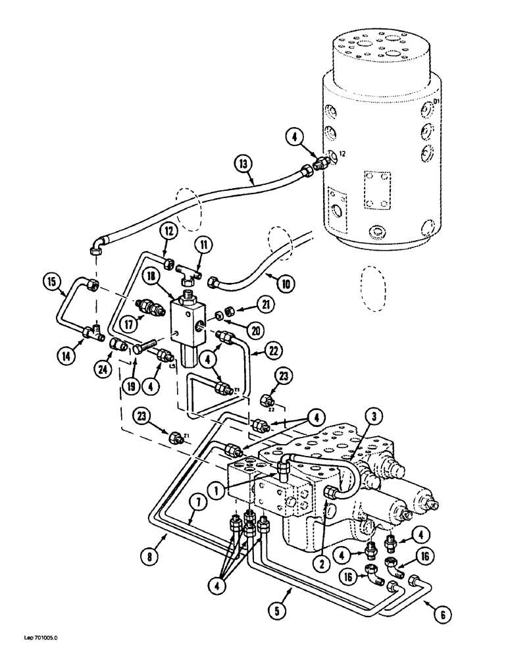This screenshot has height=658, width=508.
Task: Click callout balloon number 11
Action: pyautogui.click(x=205, y=246)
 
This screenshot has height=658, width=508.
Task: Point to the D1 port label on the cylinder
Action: pyautogui.click(x=436, y=101)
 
